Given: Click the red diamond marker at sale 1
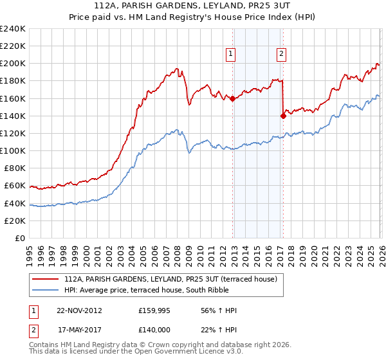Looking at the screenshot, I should [x=232, y=98].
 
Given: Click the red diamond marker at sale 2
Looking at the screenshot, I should [x=283, y=116].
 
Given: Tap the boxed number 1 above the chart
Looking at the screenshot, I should [x=230, y=55].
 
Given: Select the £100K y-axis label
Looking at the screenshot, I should [x=12, y=150].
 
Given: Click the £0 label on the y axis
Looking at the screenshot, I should [x=19, y=238].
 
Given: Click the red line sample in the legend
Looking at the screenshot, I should [x=45, y=279].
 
